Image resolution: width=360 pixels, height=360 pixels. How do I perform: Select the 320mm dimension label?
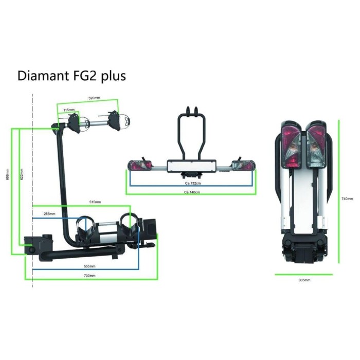click(94, 97)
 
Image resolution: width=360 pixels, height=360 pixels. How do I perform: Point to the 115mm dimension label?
click(69, 110)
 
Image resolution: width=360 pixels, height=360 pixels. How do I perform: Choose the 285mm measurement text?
click(49, 213)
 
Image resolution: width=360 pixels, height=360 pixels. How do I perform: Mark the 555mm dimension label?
click(89, 266)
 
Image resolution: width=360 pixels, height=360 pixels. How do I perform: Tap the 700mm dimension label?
click(89, 276)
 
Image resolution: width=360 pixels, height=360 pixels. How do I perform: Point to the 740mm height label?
click(348, 199)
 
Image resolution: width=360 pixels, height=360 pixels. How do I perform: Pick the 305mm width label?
click(304, 280)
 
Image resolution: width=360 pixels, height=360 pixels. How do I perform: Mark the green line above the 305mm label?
click(304, 274)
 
